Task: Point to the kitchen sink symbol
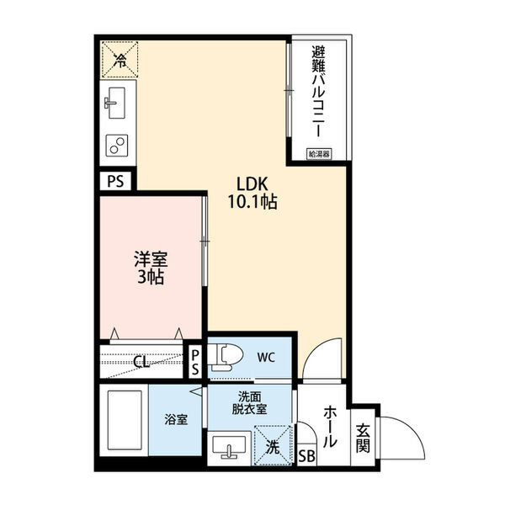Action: [x=116, y=102]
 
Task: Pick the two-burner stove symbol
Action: [x=116, y=145]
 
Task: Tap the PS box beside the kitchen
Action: [x=116, y=180]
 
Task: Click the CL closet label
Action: [x=143, y=362]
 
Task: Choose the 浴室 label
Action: [x=177, y=418]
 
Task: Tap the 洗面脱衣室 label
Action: [x=250, y=402]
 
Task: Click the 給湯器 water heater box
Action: [x=319, y=154]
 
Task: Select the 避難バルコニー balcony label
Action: [x=319, y=93]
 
